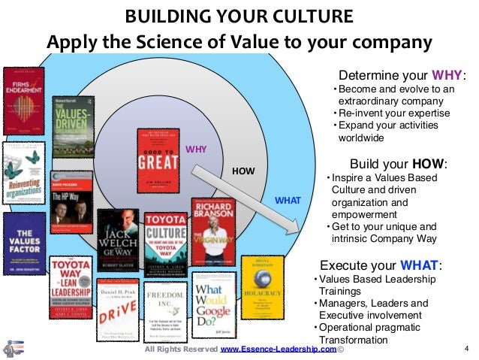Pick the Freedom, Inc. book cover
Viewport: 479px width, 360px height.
[x=166, y=312]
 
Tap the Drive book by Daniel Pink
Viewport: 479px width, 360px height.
[x=118, y=311]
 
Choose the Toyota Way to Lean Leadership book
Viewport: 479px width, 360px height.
[x=71, y=289]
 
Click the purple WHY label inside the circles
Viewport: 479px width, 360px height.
[x=195, y=149]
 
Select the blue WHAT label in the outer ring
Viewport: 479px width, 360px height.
[x=289, y=201]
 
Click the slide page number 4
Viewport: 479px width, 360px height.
[x=466, y=349]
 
